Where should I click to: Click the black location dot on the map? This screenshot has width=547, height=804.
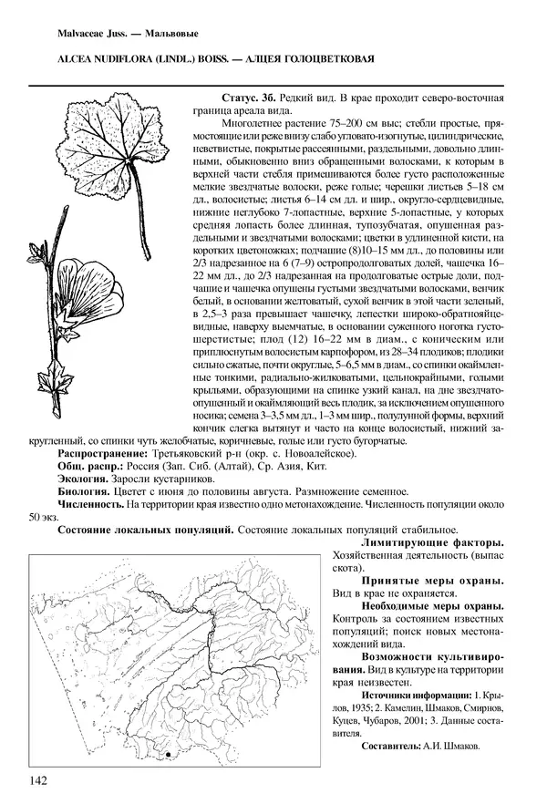click(170, 756)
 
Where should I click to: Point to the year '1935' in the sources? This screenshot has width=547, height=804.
click(360, 706)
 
